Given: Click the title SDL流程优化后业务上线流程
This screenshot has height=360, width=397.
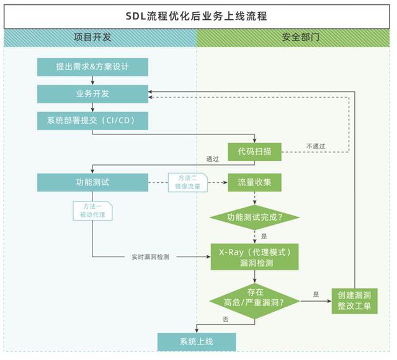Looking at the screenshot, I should (x=198, y=16).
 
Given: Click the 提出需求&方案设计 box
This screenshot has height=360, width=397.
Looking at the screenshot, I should (x=92, y=67).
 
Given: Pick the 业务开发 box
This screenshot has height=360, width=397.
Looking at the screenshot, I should (x=92, y=94).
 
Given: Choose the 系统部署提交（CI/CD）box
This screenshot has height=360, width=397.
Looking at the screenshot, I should (x=92, y=120).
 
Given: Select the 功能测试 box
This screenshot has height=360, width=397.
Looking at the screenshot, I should (x=92, y=182).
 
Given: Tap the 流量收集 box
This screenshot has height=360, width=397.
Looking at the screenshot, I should (x=254, y=182).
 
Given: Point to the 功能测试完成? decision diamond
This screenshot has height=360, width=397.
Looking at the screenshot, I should (x=254, y=217).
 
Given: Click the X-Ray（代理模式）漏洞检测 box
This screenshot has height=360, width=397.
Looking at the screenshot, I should (x=254, y=257).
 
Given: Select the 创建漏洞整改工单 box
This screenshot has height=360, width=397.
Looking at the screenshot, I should (x=354, y=301).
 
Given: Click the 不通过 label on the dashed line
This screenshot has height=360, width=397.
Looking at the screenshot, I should (x=316, y=146).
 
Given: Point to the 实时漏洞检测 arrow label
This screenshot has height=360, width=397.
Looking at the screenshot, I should (x=151, y=257).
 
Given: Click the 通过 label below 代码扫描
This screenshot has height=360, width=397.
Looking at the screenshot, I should (x=212, y=159).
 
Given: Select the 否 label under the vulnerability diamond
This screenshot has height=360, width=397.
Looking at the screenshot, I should (x=226, y=319).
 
